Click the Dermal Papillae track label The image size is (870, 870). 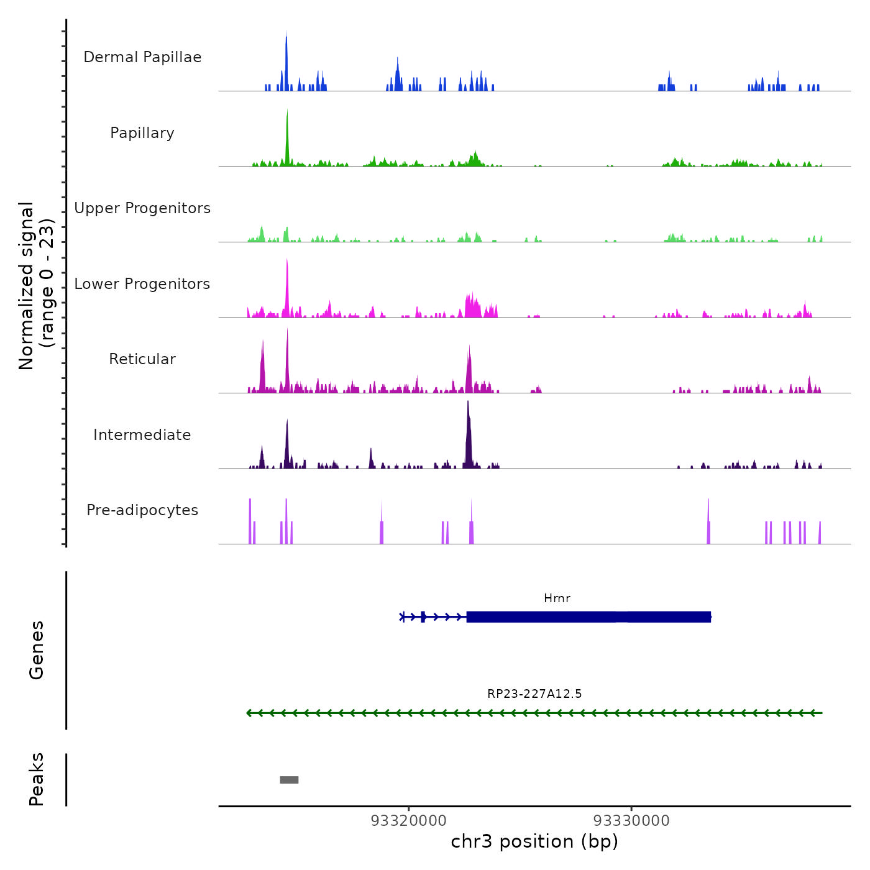click(142, 57)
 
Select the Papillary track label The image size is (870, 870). click(142, 133)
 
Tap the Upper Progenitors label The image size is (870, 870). click(142, 208)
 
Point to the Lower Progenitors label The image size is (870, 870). click(142, 284)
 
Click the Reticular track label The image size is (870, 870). click(142, 359)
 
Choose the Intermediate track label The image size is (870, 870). click(142, 435)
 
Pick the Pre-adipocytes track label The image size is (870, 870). click(142, 510)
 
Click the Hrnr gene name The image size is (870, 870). click(557, 598)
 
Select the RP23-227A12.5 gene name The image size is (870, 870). click(534, 694)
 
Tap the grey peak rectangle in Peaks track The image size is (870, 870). click(289, 780)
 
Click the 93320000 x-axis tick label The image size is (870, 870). click(409, 821)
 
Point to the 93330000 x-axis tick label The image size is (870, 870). click(631, 821)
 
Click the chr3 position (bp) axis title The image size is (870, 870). click(534, 842)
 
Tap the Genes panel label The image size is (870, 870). click(37, 650)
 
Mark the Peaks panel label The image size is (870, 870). click(37, 779)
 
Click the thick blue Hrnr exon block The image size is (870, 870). click(588, 617)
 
